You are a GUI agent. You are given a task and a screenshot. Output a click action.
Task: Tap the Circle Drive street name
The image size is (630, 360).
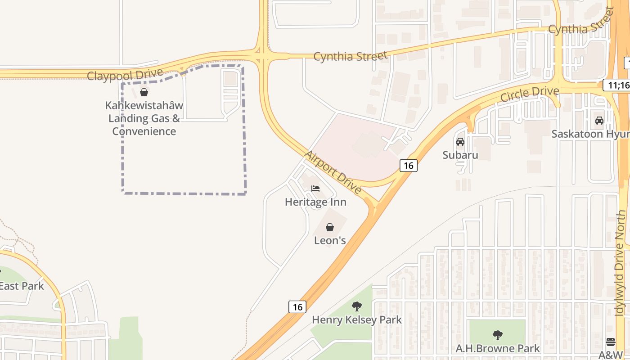(x=530, y=94)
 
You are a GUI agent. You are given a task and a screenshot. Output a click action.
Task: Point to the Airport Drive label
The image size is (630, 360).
(x=333, y=172)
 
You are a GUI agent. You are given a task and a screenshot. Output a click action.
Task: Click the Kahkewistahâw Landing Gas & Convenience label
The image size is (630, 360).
(x=144, y=118)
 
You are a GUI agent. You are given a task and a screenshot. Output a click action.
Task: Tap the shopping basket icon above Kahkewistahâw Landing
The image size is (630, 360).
(x=144, y=93)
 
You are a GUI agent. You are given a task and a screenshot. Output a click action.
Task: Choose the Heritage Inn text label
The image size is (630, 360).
(x=315, y=202)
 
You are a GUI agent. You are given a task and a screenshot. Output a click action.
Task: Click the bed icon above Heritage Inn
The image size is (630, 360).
(x=315, y=188)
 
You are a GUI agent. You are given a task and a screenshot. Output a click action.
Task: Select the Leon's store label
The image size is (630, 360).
(x=330, y=240)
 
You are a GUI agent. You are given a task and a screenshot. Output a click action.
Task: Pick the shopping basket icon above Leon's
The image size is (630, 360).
(x=330, y=227)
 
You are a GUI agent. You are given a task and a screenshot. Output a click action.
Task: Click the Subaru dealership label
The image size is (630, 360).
(x=460, y=155)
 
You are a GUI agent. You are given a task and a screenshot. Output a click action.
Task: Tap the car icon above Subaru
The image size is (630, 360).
(x=460, y=142)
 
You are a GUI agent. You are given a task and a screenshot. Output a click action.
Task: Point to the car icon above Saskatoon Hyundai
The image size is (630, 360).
(x=599, y=120)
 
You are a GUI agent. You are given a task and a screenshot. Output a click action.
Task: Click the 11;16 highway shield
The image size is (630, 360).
(x=616, y=85)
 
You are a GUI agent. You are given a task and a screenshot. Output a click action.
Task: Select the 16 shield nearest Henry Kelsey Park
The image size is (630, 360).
(x=297, y=307)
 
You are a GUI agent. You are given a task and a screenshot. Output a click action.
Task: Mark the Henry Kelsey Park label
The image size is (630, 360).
(x=357, y=320)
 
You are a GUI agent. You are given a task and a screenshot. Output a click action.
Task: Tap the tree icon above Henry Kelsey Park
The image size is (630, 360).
(x=357, y=307)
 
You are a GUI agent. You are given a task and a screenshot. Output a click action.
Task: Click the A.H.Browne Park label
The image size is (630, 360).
(x=497, y=348)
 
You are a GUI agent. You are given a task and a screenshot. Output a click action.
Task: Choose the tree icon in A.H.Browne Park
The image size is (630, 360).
(x=497, y=335)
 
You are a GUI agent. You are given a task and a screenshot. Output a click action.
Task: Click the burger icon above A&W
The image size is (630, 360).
(x=611, y=342)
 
